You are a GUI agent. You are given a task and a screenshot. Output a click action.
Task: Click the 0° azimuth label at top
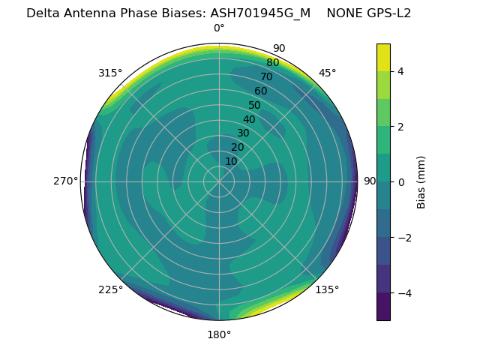[219, 28]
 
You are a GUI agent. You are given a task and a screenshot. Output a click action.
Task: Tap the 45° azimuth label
[327, 73]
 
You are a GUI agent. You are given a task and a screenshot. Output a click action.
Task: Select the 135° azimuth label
[327, 289]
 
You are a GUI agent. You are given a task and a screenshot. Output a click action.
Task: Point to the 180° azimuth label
[219, 334]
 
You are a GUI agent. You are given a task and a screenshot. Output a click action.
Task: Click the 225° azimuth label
[110, 289]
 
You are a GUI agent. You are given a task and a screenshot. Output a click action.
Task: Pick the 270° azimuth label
[66, 181]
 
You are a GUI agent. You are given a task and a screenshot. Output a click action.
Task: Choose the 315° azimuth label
[110, 73]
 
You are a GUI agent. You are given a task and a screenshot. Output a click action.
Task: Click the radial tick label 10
[231, 161]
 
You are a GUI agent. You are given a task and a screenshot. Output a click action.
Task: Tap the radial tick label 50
[255, 105]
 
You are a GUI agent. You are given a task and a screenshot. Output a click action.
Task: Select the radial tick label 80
[273, 63]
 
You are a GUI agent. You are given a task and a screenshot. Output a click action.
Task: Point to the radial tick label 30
[243, 133]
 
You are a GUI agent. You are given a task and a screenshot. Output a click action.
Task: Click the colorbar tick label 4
[401, 71]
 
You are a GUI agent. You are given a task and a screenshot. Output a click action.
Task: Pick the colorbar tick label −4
[403, 292]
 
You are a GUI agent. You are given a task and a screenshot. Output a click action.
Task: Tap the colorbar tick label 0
[401, 181]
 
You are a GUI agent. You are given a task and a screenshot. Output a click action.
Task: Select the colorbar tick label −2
[403, 237]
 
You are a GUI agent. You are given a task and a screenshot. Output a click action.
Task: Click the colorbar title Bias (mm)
[421, 181]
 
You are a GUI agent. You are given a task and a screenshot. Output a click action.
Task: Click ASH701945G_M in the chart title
[260, 13]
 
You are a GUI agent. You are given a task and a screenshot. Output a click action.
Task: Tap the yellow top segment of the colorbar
[383, 57]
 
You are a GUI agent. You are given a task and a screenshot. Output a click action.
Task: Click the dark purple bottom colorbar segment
[383, 307]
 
